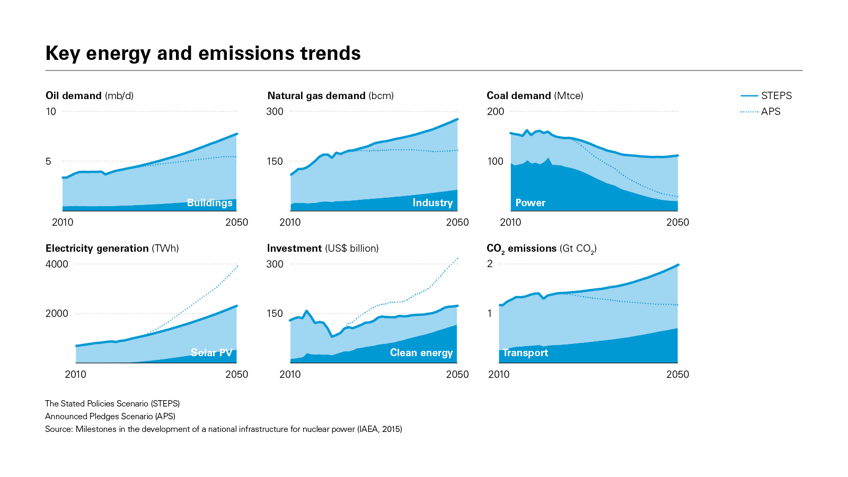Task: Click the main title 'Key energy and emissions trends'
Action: click(203, 54)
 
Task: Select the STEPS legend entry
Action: click(766, 96)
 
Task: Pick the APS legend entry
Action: click(761, 112)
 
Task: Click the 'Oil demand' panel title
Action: click(90, 96)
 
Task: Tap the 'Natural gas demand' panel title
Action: click(330, 96)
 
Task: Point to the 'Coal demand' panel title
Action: click(535, 96)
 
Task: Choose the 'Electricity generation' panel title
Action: click(112, 249)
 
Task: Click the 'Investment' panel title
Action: click(322, 249)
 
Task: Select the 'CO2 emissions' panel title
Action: click(541, 249)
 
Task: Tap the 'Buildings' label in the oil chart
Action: click(210, 203)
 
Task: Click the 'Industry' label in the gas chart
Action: click(432, 203)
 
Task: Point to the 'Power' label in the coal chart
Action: click(530, 203)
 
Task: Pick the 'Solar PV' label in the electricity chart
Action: click(211, 353)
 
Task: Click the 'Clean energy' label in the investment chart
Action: click(421, 353)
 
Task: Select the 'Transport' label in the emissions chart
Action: click(525, 353)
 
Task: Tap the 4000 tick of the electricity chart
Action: click(57, 264)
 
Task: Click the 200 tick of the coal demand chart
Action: click(496, 112)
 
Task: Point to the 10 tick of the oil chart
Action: click(51, 112)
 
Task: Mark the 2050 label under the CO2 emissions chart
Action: click(677, 375)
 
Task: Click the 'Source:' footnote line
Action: click(223, 429)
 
